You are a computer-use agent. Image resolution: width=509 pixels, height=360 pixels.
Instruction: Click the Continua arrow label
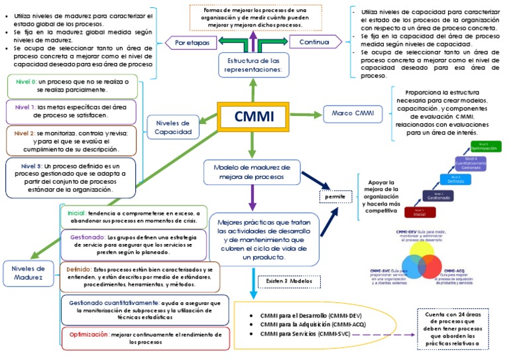tap(314, 42)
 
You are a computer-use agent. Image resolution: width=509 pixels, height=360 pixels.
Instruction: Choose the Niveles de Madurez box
tap(28, 274)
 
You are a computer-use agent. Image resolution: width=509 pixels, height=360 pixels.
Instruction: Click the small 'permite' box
tap(334, 198)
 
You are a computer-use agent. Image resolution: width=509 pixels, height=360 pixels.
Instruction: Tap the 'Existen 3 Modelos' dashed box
tap(288, 282)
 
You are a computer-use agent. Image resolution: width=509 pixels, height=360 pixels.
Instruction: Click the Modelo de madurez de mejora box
tap(252, 172)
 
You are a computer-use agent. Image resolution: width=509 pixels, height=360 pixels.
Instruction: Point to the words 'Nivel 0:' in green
tap(26, 81)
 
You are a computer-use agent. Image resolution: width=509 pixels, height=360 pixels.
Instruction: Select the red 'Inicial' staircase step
tap(419, 212)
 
